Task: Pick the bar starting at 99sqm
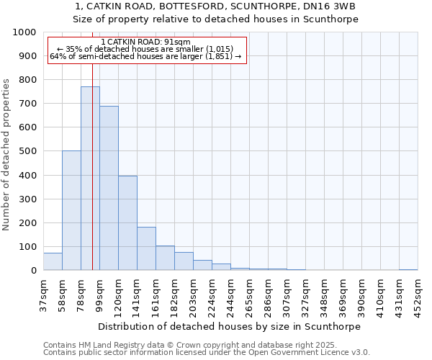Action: point(109,188)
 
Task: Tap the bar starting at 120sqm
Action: point(127,223)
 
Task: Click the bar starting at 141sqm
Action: point(146,248)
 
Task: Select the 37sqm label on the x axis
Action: point(43,295)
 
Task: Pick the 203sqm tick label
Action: point(193,295)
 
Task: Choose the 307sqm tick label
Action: point(287,295)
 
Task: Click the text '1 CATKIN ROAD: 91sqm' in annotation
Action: point(146,42)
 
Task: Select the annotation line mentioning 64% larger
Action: point(146,57)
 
